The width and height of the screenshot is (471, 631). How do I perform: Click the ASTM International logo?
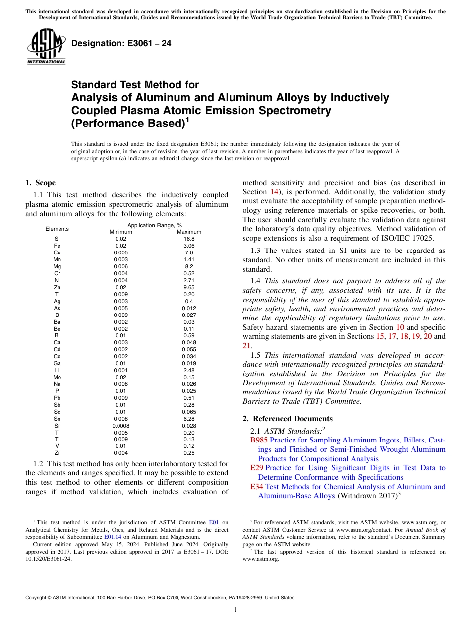(x=46, y=47)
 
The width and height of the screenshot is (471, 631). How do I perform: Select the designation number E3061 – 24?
(x=121, y=43)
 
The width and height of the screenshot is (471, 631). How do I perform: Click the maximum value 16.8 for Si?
(x=189, y=239)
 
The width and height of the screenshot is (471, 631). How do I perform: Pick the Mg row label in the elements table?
(x=57, y=266)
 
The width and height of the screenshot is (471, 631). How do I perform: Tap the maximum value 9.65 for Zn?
(x=189, y=287)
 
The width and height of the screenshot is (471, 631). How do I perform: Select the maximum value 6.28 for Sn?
(x=189, y=419)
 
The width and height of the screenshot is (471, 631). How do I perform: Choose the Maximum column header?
(x=189, y=232)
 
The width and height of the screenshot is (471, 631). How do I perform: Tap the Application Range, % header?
(x=155, y=225)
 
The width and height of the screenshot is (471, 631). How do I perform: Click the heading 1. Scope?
(x=40, y=183)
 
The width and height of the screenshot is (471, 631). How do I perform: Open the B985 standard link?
(x=259, y=440)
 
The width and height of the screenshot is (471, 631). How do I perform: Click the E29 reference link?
(x=256, y=468)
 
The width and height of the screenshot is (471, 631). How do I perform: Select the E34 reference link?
(x=257, y=487)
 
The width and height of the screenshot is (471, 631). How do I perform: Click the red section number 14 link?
(x=274, y=191)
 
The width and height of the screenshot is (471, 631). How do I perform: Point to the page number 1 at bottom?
(x=235, y=609)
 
